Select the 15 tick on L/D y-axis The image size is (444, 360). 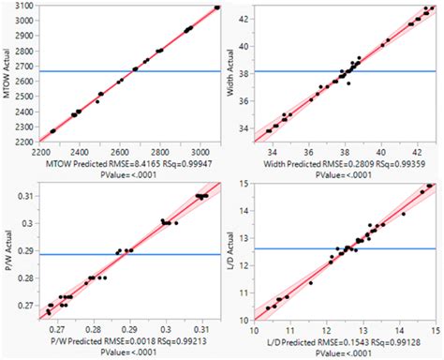coord(242,185)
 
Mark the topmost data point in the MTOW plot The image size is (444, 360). coord(216,7)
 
